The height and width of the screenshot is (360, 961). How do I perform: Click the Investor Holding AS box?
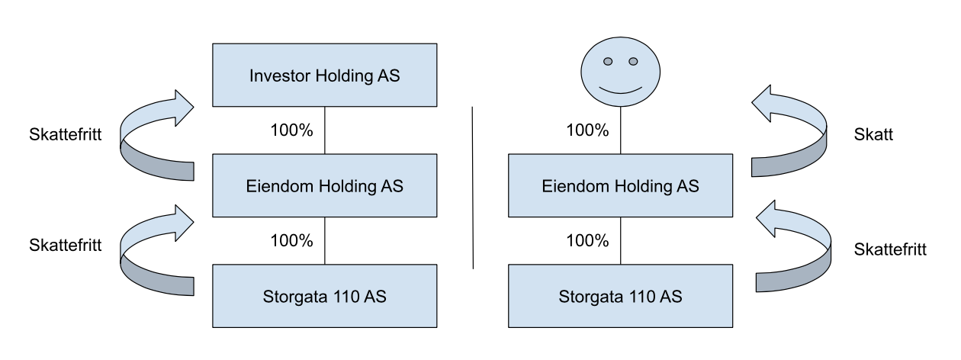tap(325, 75)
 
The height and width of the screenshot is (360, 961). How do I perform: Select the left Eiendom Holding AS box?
tap(325, 185)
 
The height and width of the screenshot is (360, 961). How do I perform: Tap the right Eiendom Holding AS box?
tap(620, 185)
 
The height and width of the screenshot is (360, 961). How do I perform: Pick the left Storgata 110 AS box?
tap(325, 296)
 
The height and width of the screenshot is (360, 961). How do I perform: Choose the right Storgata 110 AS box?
tap(620, 296)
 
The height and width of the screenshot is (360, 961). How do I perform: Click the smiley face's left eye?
tap(608, 61)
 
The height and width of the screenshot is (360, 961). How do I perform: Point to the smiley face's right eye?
tap(633, 61)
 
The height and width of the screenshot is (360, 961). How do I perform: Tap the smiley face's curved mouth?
tap(620, 91)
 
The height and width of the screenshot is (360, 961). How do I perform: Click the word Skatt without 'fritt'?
tap(873, 134)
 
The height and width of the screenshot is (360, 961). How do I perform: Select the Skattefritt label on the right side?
tap(890, 249)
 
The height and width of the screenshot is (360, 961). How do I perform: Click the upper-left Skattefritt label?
tap(66, 134)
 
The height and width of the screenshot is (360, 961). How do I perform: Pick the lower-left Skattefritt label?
tap(66, 245)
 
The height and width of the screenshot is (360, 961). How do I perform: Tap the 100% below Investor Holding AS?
tap(291, 130)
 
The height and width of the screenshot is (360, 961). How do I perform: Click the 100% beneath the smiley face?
tap(587, 130)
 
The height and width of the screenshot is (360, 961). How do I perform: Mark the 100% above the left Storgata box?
tap(291, 240)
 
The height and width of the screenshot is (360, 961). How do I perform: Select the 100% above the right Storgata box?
tap(587, 240)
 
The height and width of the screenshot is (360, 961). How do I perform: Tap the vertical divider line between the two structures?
tap(473, 188)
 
